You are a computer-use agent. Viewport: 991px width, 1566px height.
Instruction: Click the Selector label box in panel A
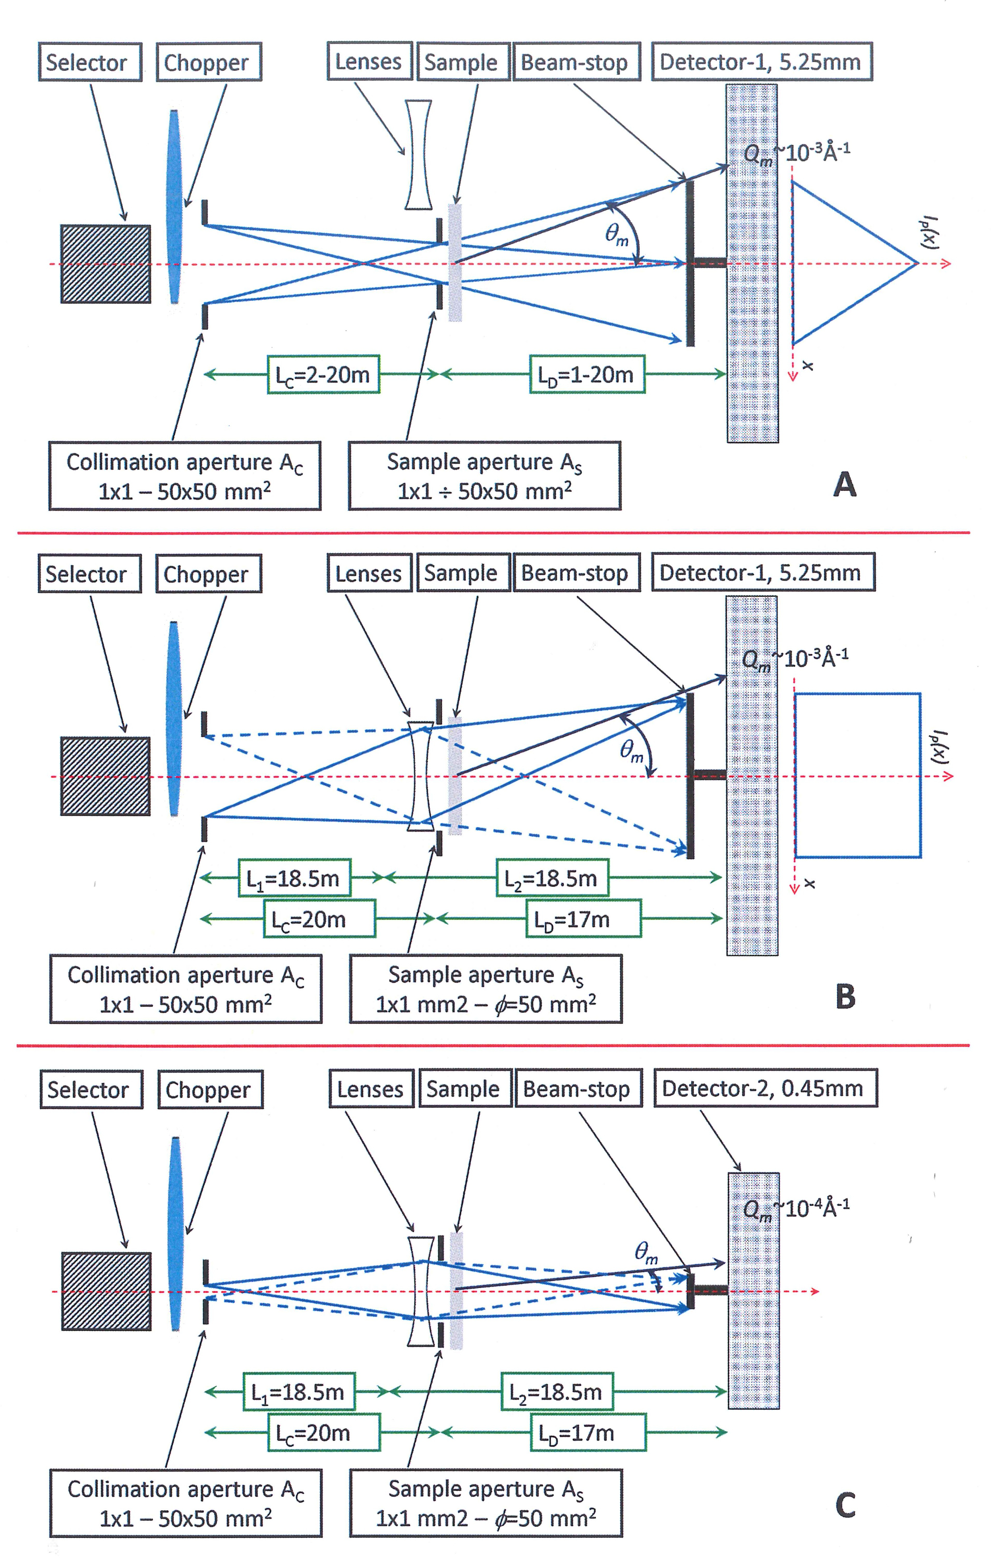coord(90,62)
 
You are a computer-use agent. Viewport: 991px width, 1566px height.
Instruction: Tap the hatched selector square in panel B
coord(105,776)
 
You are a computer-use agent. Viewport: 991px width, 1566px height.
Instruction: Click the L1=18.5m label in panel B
coord(293,878)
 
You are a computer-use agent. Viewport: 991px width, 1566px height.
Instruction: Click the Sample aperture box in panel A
coord(484,476)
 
